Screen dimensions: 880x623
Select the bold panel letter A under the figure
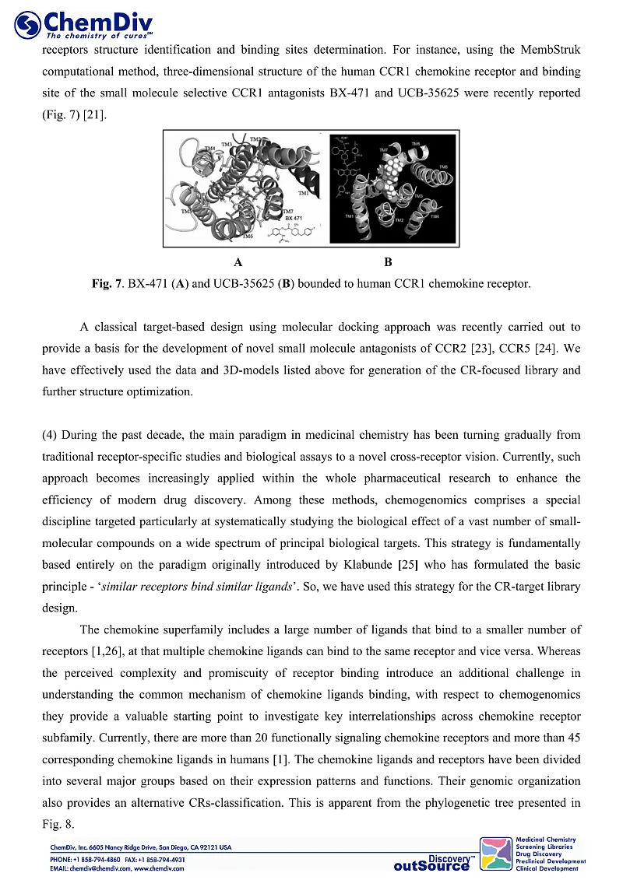238,261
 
